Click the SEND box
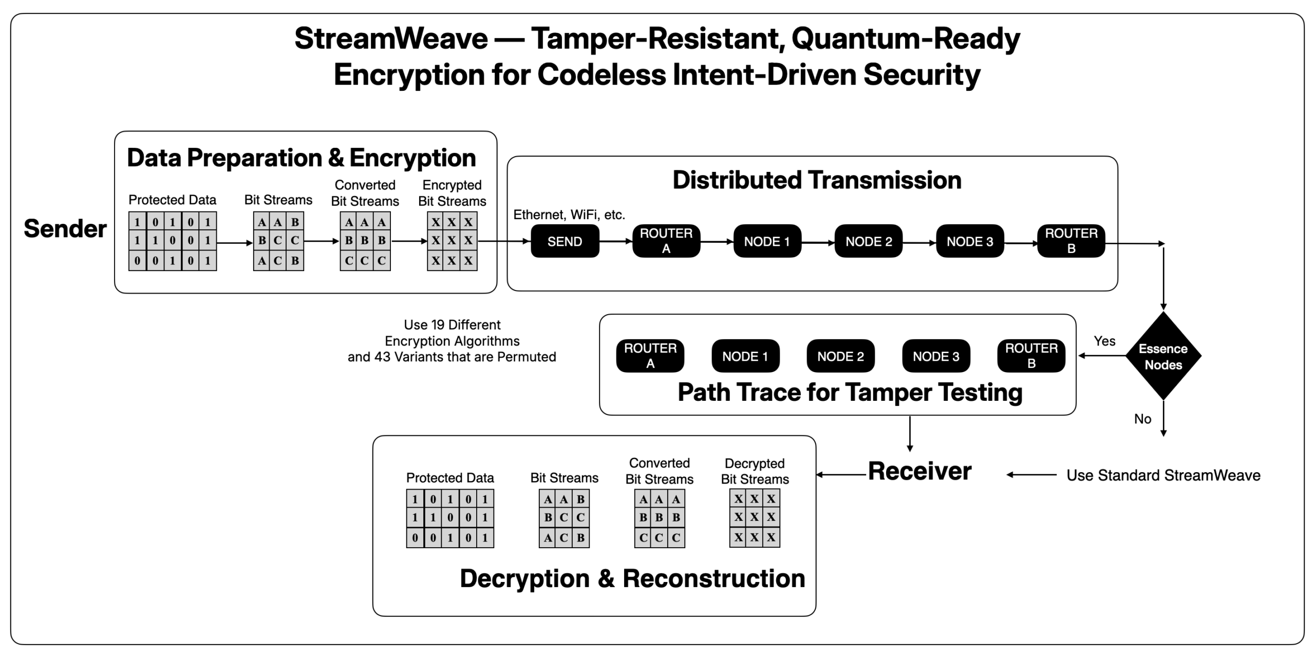565,241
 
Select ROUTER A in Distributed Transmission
666,241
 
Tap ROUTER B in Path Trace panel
1031,356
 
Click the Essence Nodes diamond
1163,356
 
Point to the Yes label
1104,341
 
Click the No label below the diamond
1142,419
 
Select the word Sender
65,229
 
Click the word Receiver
919,471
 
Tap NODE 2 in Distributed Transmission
869,241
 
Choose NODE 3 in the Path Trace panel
936,356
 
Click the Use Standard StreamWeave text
1163,475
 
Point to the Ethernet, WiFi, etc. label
569,215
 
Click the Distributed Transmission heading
817,180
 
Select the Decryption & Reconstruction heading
632,578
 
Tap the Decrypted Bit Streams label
755,471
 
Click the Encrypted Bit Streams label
452,193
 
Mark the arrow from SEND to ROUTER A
615,241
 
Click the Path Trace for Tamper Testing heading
850,393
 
